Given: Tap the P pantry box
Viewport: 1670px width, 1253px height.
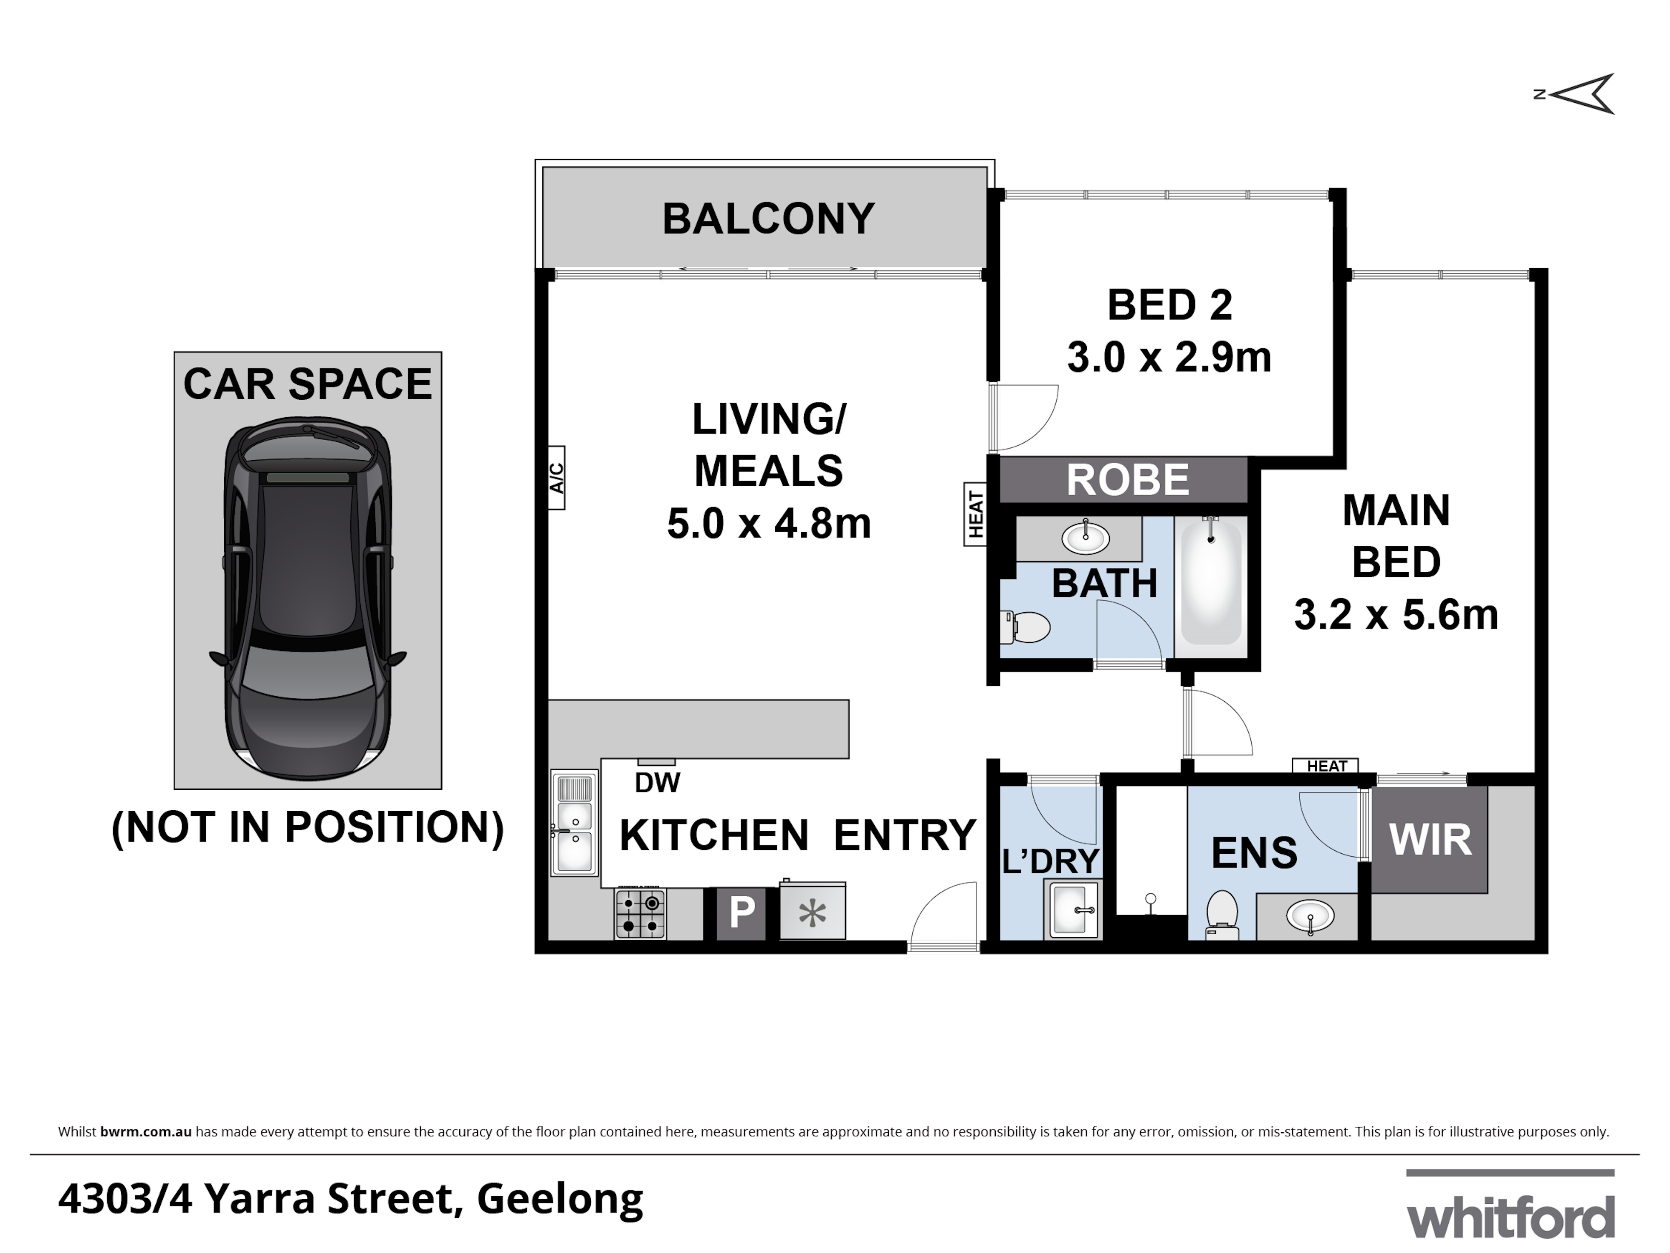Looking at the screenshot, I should pos(741,913).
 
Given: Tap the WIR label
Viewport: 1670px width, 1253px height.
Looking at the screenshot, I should pos(1430,840).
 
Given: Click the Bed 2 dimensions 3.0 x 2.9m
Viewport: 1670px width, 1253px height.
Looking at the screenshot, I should pos(1169,357).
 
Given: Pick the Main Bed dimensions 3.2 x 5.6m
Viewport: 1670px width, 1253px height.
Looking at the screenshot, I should pos(1396,615).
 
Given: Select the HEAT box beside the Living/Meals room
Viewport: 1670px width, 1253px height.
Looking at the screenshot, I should pos(975,514).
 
